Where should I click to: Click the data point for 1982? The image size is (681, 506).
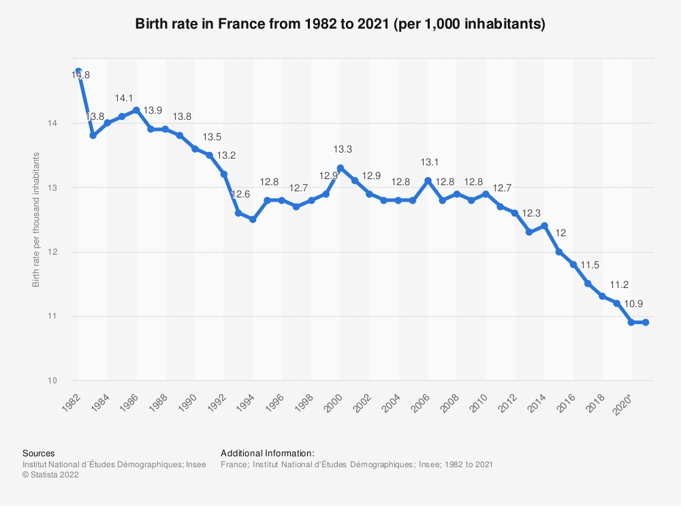tap(78, 71)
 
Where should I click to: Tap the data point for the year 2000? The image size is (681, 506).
tap(340, 168)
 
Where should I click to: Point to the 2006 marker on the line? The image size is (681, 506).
tap(427, 180)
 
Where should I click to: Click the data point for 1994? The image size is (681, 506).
tap(253, 219)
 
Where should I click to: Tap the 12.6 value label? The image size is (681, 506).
tap(241, 195)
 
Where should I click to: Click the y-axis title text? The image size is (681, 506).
tap(36, 220)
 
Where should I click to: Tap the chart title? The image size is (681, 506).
tap(340, 24)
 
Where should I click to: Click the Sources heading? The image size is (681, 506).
tap(39, 453)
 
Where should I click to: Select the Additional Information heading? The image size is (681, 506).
tap(268, 453)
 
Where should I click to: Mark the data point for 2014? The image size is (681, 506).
tap(544, 225)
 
